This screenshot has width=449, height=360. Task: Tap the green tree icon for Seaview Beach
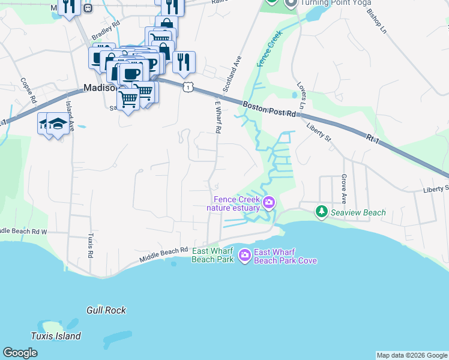(x=322, y=212)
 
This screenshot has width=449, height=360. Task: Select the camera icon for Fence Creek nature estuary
(x=268, y=202)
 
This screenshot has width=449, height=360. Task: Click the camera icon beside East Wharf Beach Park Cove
(x=244, y=256)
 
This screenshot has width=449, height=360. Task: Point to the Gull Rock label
(x=106, y=310)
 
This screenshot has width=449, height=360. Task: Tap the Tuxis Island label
(x=56, y=336)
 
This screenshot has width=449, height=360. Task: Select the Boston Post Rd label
(x=270, y=109)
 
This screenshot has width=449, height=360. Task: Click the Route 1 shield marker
(x=188, y=88)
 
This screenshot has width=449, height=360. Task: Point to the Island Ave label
(x=70, y=116)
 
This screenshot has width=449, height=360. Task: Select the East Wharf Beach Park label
(x=212, y=256)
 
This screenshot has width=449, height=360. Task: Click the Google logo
(x=20, y=353)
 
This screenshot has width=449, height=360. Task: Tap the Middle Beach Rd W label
(x=24, y=231)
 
